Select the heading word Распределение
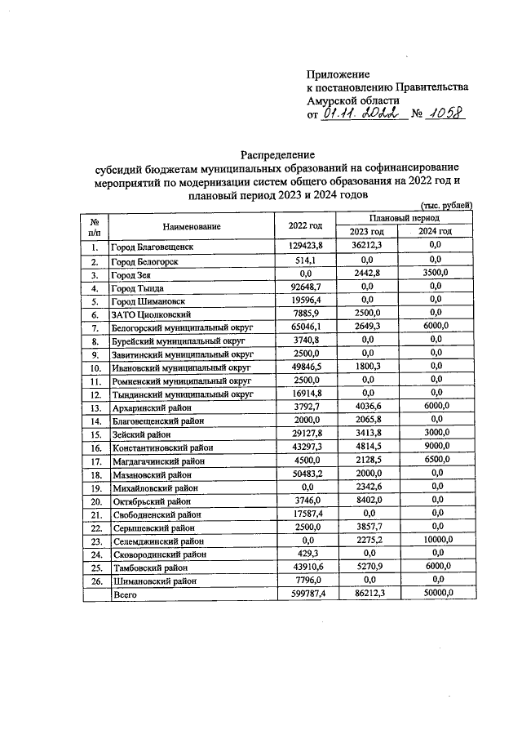pyautogui.click(x=276, y=154)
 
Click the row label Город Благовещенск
pyautogui.click(x=153, y=245)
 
